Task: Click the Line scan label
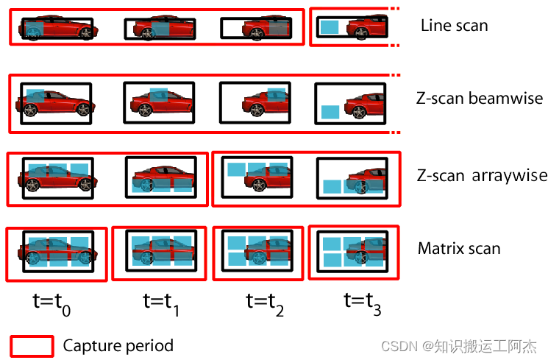pos(454,26)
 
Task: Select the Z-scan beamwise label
pos(480,99)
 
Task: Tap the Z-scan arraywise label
pos(482,175)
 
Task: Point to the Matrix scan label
pos(459,248)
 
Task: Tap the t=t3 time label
pos(363,302)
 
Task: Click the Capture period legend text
pos(118,345)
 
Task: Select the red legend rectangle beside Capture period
pos(32,345)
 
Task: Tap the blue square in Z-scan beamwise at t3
pos(330,113)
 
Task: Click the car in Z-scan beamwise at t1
pos(160,103)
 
